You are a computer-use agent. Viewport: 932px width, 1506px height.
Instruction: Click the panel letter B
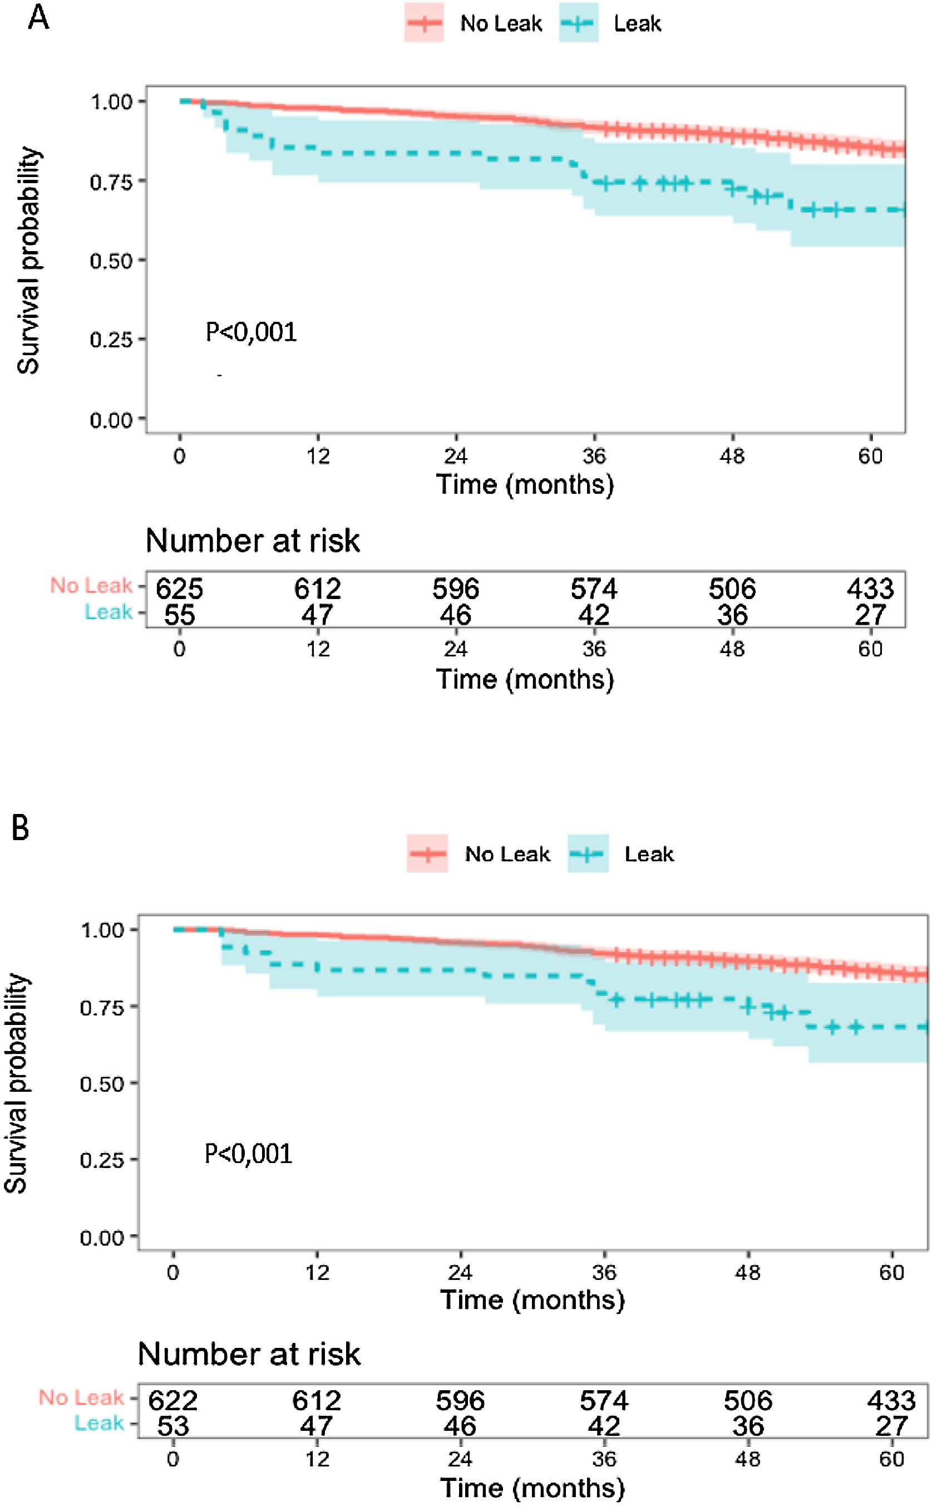click(21, 828)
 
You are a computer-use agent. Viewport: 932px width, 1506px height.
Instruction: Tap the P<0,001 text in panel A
click(251, 332)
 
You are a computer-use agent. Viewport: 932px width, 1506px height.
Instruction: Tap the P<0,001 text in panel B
click(248, 1153)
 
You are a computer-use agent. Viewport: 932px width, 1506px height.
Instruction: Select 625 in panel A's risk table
click(179, 589)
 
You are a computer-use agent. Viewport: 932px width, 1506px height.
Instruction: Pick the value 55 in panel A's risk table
click(179, 615)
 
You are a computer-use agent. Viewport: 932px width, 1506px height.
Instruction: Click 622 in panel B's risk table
click(172, 1401)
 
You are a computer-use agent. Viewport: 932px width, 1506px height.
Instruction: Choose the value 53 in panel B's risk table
click(172, 1426)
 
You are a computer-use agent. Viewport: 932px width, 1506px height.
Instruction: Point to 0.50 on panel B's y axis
click(102, 1084)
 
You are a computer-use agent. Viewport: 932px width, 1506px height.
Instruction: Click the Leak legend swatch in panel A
click(578, 23)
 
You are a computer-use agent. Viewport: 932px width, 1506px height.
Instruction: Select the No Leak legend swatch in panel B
click(427, 853)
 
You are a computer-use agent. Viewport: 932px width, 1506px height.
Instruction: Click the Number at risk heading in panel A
click(253, 541)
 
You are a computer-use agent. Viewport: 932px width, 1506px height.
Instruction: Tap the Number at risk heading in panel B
click(249, 1355)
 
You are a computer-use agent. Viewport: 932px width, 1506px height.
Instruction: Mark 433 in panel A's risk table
click(870, 589)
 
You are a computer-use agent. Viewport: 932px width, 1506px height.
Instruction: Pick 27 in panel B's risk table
click(891, 1426)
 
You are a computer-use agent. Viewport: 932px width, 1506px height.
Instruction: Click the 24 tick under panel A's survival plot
click(456, 457)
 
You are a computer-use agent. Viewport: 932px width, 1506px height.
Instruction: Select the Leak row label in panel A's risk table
click(109, 612)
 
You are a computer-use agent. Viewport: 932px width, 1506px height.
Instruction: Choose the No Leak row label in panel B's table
click(81, 1397)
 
